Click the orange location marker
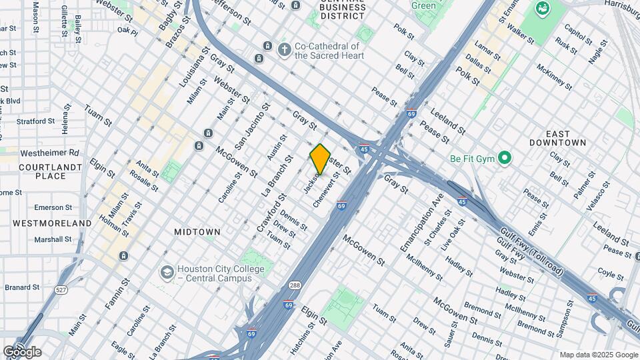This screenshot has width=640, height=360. coord(320,160)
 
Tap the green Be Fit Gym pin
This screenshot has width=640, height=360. coord(505,159)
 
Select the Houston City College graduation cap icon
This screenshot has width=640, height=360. coord(166,273)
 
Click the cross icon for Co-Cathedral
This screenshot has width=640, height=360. coord(285,50)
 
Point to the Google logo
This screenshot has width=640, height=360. coord(22,352)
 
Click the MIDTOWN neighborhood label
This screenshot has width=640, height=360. coord(197,232)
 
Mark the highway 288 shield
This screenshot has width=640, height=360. coord(295,285)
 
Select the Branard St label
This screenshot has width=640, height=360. coord(23,287)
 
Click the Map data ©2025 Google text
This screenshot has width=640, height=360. coord(599,355)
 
